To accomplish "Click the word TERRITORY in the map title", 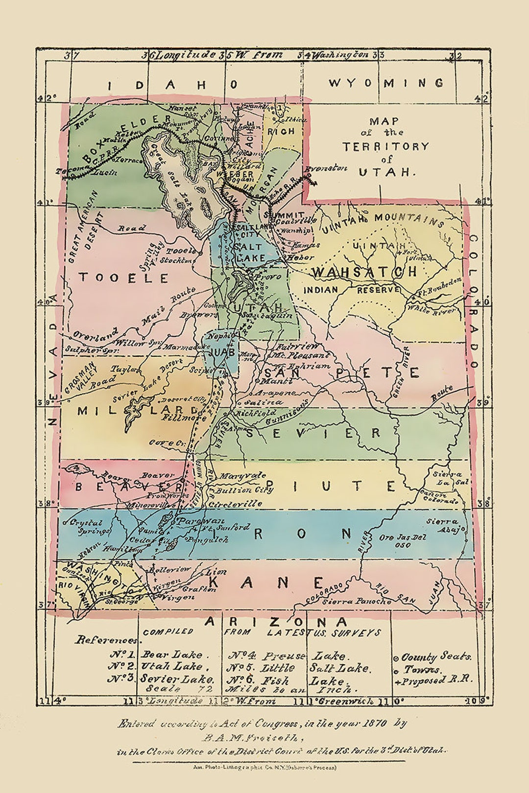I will (x=385, y=146).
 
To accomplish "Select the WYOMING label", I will (x=386, y=83).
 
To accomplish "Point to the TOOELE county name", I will (x=124, y=278).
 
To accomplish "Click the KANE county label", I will (x=266, y=583).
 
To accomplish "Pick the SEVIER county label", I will (x=313, y=433).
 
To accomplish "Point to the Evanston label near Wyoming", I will (x=326, y=169).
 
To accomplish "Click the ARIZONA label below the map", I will (x=276, y=622).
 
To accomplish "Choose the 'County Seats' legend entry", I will (x=435, y=657).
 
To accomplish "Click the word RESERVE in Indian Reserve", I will (x=378, y=290).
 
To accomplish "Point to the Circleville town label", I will (x=235, y=503).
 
